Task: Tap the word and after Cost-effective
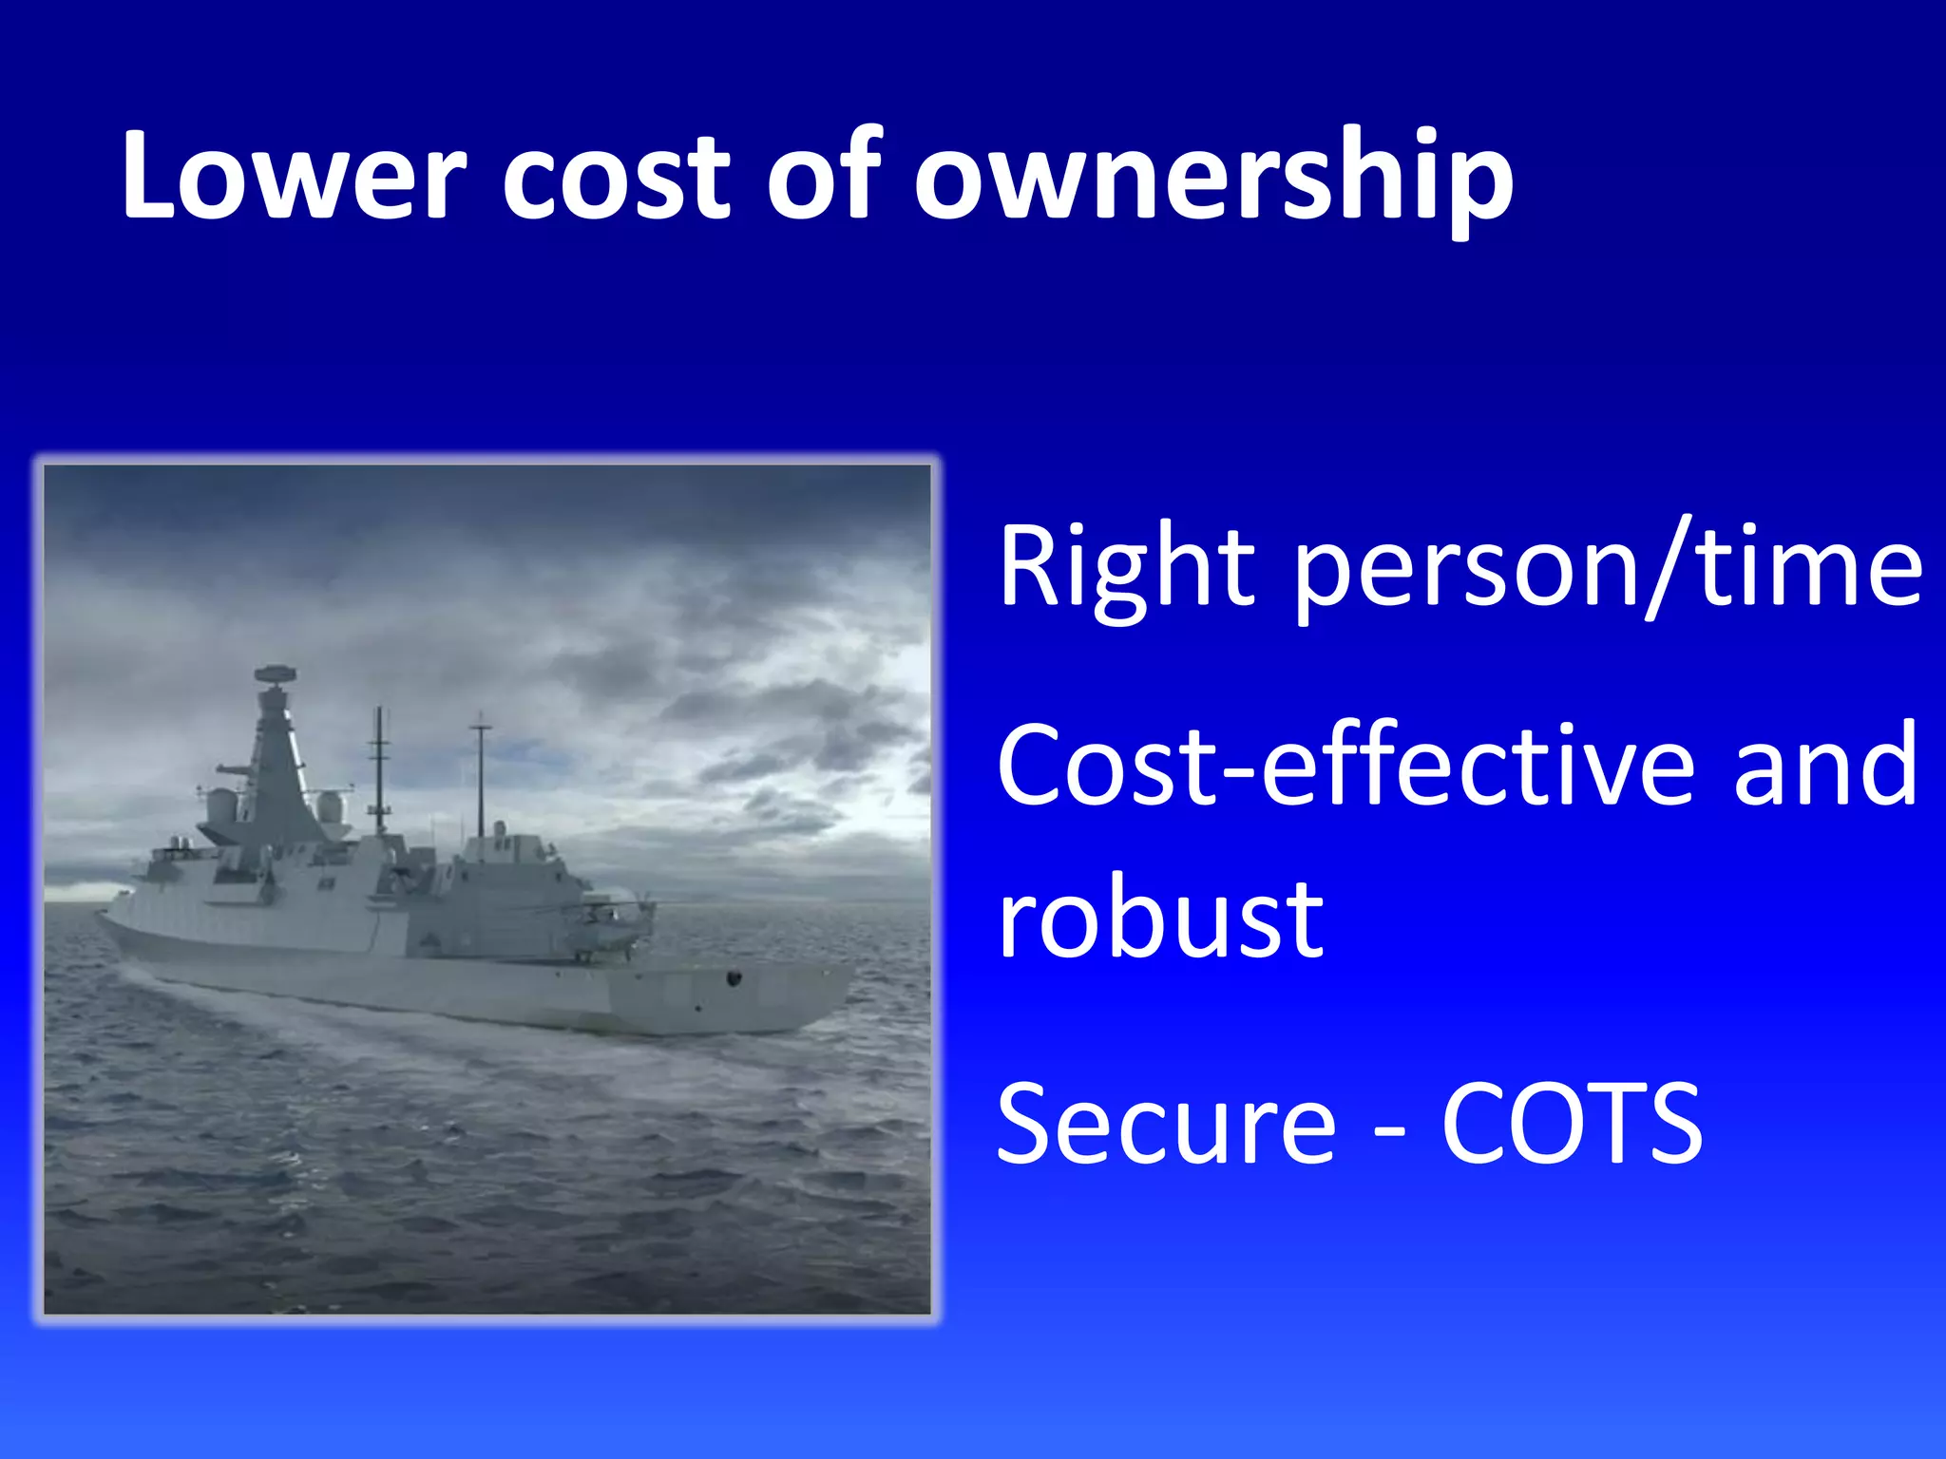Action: [x=1825, y=765]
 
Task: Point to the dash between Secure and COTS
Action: [x=1390, y=1130]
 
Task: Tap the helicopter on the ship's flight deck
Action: [x=608, y=926]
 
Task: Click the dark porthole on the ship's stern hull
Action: [x=734, y=977]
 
